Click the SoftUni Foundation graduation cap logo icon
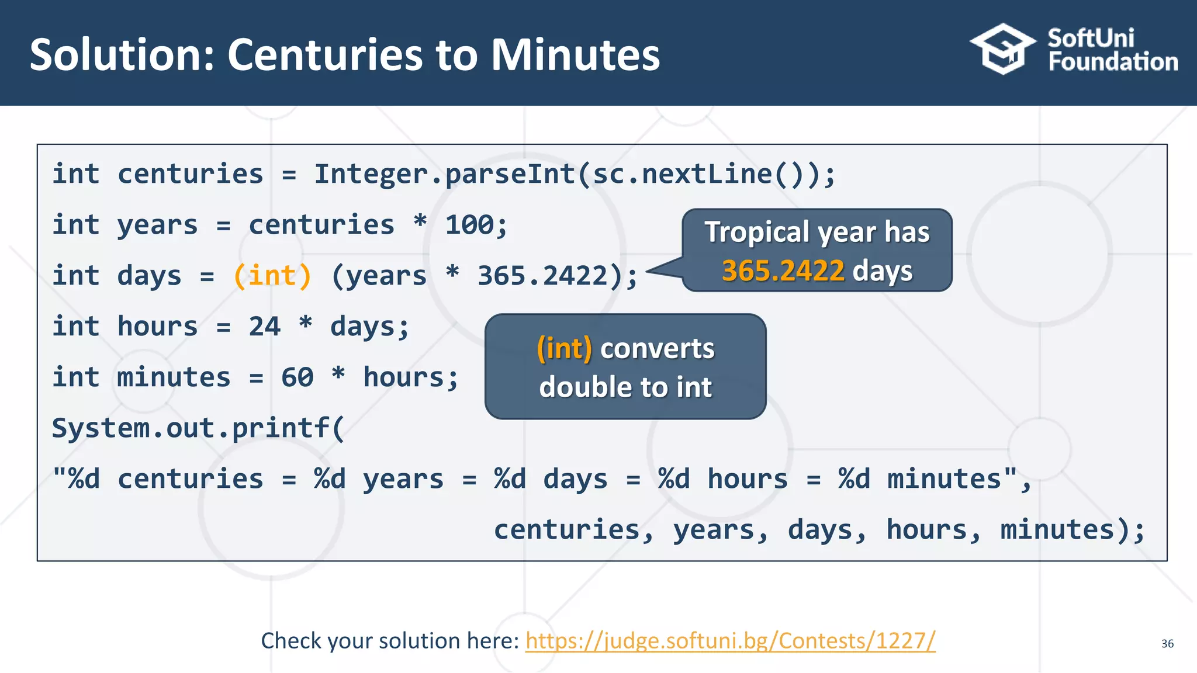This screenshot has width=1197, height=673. pos(1002,49)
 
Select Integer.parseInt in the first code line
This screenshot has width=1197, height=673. pos(444,174)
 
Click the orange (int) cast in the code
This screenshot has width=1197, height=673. pos(272,276)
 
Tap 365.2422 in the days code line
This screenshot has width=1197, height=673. pos(543,276)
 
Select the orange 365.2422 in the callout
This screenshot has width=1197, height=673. pos(783,271)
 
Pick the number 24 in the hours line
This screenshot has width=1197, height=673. pos(264,327)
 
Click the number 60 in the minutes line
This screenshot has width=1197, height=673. pos(297,377)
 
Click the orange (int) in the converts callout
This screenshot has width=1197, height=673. pos(564,349)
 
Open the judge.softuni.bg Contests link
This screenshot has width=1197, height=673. pos(730,641)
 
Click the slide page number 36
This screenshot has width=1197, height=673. pos(1167,644)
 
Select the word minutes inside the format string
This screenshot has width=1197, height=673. pos(944,479)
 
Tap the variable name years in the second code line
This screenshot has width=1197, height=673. pos(157,225)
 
